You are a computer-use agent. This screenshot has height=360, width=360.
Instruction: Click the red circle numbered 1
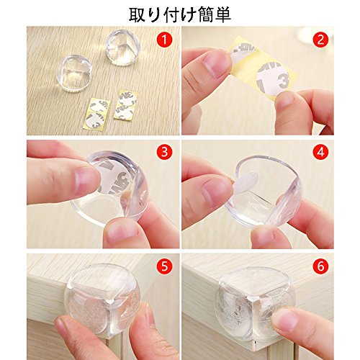164,40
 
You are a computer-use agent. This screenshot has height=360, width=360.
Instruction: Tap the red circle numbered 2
321,40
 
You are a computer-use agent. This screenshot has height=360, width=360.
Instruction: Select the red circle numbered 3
164,152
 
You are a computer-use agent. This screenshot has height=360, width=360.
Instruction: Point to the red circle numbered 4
321,152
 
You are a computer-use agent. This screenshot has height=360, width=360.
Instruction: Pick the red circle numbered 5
164,266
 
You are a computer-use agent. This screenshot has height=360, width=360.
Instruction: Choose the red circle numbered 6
321,266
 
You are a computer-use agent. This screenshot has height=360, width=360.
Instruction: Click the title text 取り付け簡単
180,15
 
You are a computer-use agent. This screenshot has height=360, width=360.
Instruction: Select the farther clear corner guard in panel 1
122,48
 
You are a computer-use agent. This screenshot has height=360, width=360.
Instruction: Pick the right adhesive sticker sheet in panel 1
126,104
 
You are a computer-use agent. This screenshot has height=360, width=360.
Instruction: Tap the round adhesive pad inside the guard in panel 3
114,177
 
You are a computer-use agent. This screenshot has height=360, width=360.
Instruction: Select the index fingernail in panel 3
86,181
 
